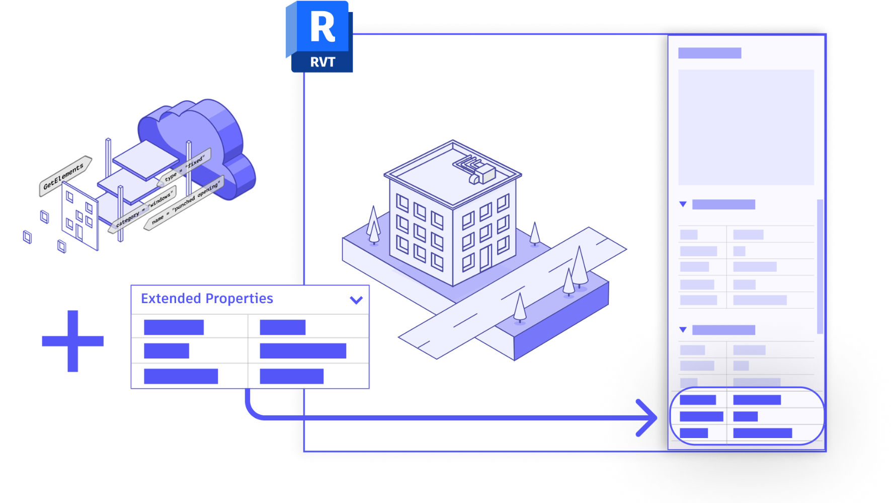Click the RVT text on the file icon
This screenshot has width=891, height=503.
322,62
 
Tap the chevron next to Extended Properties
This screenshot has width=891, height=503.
356,300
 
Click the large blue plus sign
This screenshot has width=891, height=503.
72,341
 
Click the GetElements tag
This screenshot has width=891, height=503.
65,176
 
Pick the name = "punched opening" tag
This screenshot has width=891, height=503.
184,203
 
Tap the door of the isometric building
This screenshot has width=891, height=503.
485,258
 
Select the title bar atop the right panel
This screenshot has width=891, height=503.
709,53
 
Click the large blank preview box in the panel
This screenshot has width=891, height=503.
746,127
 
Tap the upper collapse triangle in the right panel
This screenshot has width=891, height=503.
683,204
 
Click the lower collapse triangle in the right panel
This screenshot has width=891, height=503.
683,330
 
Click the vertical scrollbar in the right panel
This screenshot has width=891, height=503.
820,266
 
